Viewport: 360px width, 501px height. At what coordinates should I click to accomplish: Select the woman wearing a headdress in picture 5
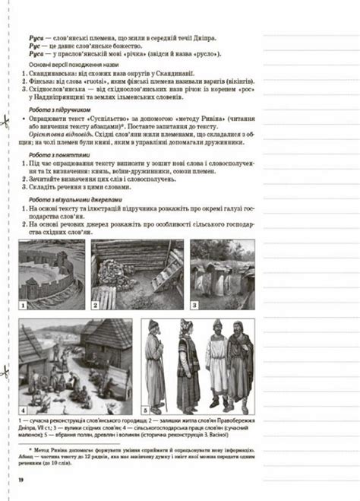click(x=185, y=361)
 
